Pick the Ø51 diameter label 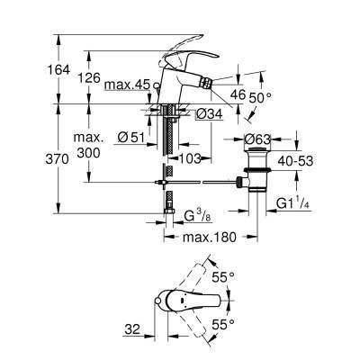pos(132,138)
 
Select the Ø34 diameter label pos(209,112)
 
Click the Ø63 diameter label pos(261,139)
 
